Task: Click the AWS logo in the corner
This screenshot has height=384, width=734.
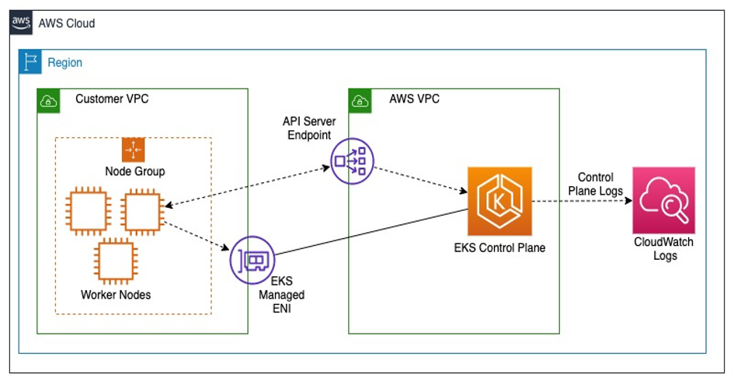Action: tap(22, 22)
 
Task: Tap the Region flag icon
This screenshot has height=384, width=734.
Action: tap(30, 61)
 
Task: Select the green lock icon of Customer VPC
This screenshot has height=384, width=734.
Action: tap(48, 100)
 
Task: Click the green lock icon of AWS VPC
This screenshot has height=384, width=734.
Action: tap(360, 100)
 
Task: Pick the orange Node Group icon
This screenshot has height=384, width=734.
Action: tap(134, 150)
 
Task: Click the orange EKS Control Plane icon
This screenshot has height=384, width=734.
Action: tap(499, 200)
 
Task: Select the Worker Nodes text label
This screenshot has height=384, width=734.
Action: tap(116, 295)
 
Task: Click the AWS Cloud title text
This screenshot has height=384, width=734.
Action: tap(67, 23)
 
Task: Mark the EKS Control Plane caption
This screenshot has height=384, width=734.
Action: tap(499, 248)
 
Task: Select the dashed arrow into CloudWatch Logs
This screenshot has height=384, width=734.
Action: tap(583, 201)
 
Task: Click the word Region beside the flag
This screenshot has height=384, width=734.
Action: tap(64, 62)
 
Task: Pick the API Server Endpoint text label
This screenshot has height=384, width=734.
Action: tap(308, 129)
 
